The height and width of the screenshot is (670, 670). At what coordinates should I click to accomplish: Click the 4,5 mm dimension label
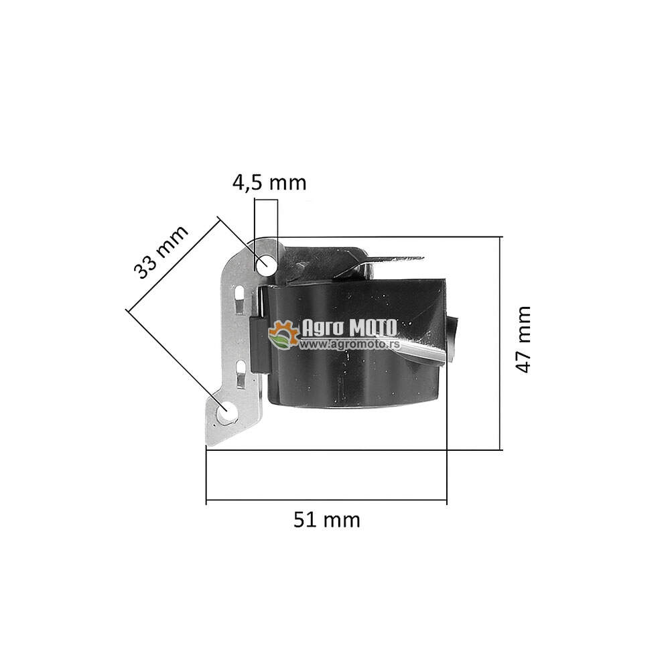coord(269,183)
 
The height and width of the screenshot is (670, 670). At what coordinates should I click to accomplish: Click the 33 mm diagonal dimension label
coord(161,252)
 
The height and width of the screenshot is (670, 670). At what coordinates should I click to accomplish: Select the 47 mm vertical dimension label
coord(523,340)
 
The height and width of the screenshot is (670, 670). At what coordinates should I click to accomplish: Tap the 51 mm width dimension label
coord(327,520)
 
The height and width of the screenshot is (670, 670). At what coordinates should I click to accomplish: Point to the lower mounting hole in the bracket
coord(226,412)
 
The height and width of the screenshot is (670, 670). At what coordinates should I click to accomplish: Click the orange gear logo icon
coord(283,334)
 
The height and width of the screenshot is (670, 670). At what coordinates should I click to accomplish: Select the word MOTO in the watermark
coord(373,328)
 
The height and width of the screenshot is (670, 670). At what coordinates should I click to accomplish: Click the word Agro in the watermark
coord(323,328)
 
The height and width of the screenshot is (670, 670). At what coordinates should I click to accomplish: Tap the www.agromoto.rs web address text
coord(350,344)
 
